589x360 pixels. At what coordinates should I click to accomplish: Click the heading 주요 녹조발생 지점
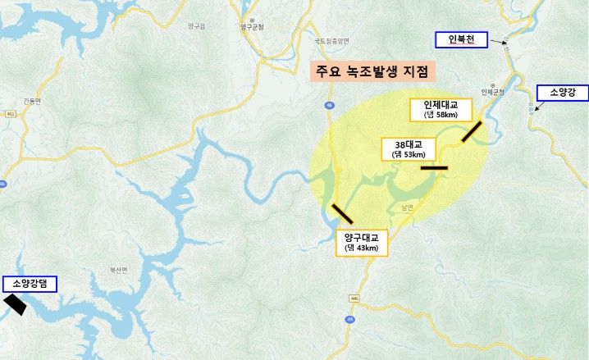pos(372,71)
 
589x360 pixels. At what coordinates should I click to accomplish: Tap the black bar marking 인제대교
pos(473,131)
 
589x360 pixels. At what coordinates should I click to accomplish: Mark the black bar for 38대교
pos(434,168)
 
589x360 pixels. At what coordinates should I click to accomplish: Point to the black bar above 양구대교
pos(342,212)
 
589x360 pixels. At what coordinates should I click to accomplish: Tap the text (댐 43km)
pos(361,248)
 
